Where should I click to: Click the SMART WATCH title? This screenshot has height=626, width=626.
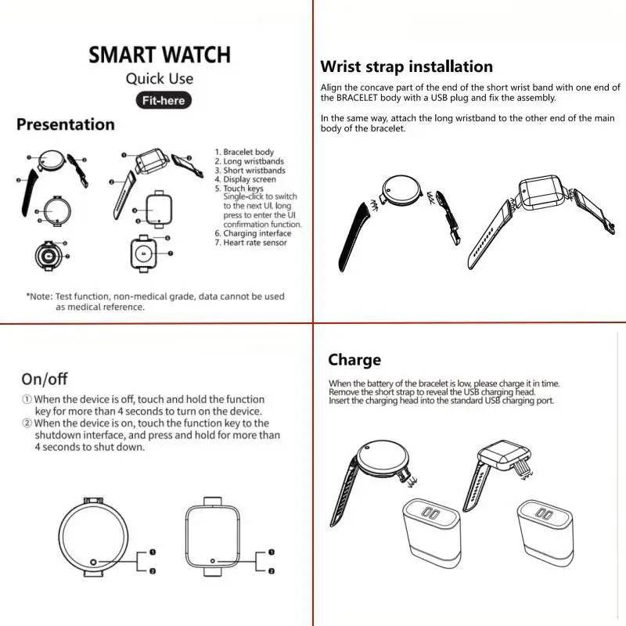tap(159, 55)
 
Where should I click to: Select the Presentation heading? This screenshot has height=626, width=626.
tap(66, 124)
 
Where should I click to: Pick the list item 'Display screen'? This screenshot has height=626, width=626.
tap(250, 179)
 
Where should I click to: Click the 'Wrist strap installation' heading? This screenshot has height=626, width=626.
tap(406, 67)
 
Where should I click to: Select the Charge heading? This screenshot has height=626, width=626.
tap(354, 360)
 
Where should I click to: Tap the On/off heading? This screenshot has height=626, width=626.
tap(45, 380)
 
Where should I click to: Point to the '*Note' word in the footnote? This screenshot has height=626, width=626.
tap(39, 297)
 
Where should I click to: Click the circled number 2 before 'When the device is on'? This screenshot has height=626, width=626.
tap(26, 423)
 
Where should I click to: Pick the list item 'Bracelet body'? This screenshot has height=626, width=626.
tap(248, 152)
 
